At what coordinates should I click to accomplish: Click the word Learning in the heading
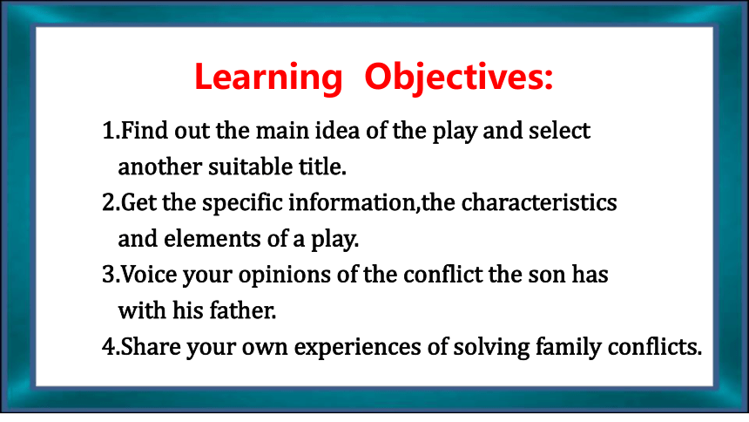(268, 78)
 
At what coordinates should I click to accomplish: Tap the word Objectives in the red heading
(454, 78)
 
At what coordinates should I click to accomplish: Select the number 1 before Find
(109, 131)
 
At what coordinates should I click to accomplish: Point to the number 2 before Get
(109, 202)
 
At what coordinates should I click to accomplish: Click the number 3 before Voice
(109, 275)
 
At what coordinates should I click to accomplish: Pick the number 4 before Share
(109, 346)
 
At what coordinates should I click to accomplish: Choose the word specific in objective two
(242, 203)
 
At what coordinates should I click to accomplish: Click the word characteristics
(539, 202)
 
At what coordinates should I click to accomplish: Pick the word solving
(491, 347)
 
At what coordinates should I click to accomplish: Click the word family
(568, 347)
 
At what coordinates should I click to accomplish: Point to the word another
(160, 167)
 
